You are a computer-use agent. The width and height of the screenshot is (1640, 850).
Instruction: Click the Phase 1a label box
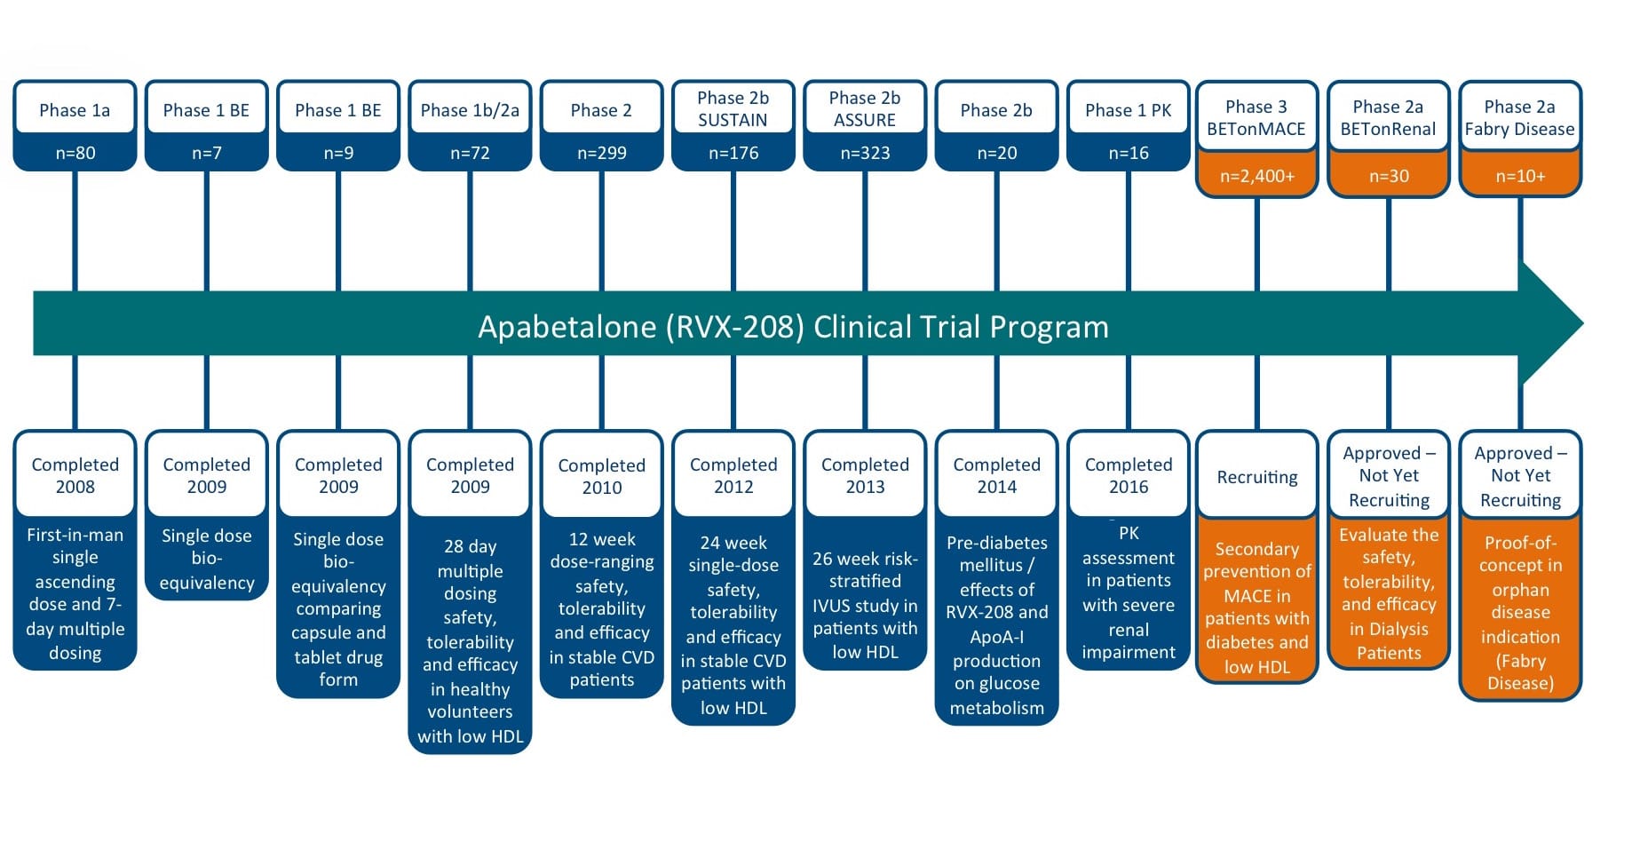75,110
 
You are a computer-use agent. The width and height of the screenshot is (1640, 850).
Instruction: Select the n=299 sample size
601,153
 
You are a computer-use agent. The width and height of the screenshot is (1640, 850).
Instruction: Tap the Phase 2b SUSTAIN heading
733,109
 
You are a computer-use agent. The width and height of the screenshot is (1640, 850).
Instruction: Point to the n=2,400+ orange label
1256,176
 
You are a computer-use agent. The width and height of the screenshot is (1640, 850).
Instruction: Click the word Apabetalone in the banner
567,327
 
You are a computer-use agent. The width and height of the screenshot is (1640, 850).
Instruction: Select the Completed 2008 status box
75,475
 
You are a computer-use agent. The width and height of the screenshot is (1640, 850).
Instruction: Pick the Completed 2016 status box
1128,475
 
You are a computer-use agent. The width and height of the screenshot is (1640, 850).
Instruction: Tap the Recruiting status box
1256,477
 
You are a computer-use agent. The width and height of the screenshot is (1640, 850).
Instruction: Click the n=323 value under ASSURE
865,153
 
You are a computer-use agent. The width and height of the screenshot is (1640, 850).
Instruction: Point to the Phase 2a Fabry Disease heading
1519,118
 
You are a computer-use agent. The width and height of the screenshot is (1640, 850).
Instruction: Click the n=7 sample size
206,153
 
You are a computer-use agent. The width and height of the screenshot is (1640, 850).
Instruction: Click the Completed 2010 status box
601,476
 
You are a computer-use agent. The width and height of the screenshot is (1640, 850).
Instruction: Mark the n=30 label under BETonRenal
1388,176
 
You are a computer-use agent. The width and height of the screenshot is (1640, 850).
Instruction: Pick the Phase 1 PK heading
1128,110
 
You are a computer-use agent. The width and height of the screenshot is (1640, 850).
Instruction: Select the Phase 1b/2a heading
470,110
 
